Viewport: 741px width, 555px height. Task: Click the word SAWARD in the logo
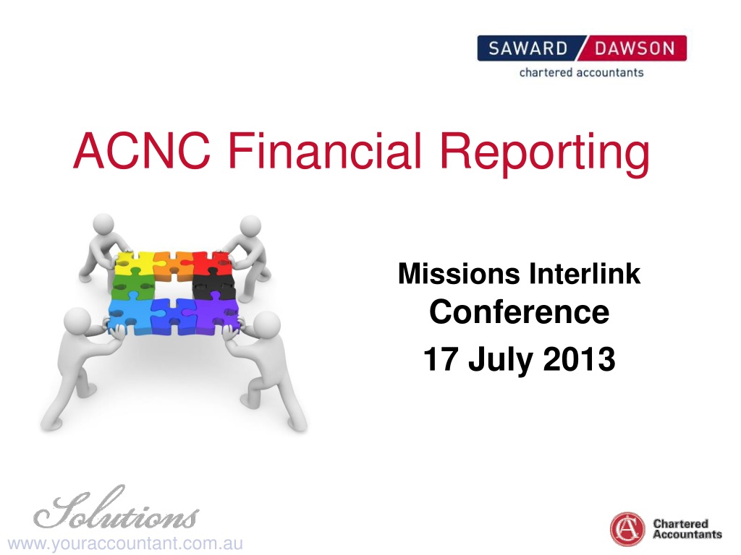tap(528, 48)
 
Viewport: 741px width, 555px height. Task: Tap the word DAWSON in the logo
tap(634, 48)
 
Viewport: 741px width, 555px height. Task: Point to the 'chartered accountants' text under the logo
tap(581, 73)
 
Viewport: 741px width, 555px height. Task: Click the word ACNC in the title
tap(142, 150)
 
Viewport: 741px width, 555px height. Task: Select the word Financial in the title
tap(325, 150)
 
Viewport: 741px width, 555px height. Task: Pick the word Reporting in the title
tap(545, 154)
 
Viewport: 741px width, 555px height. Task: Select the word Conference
tap(519, 312)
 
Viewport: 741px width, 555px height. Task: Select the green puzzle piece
tap(133, 287)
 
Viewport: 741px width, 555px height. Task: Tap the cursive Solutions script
tap(116, 509)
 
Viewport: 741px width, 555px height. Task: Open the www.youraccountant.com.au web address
tap(125, 543)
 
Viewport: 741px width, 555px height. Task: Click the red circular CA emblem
tap(627, 529)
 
